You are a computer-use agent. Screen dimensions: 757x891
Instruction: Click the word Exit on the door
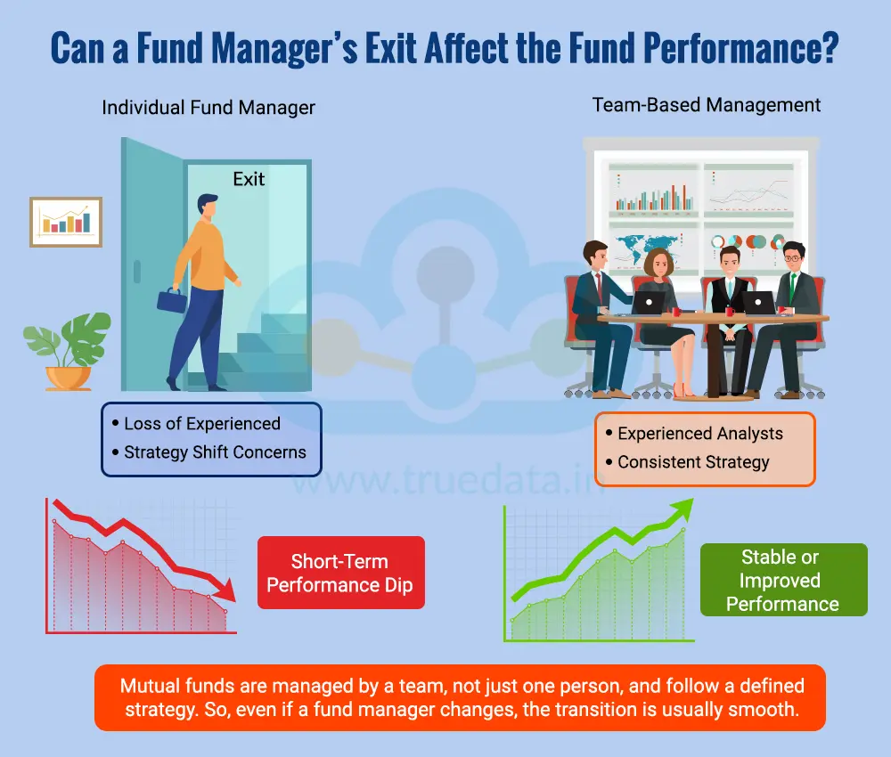(249, 179)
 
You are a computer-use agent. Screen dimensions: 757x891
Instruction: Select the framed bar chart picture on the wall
(66, 222)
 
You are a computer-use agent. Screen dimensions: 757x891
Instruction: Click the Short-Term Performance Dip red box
(340, 573)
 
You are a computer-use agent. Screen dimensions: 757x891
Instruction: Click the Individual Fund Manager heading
(208, 108)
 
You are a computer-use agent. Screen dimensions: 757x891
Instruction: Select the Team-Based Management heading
(707, 105)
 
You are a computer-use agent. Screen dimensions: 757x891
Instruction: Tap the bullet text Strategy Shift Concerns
(215, 452)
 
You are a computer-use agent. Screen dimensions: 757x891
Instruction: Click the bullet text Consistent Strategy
(693, 462)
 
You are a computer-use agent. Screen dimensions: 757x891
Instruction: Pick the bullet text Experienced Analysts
(700, 434)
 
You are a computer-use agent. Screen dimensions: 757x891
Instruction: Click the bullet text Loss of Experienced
(202, 424)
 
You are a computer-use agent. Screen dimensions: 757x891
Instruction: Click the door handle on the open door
(136, 269)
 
